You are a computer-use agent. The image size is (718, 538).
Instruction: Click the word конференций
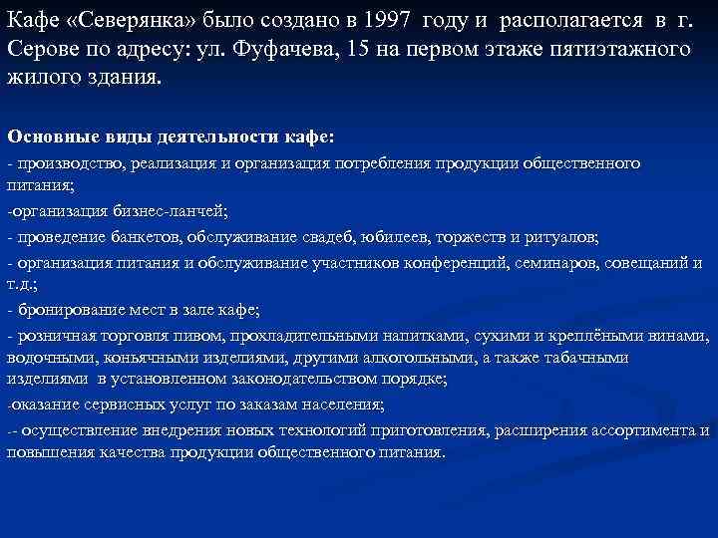(454, 261)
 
